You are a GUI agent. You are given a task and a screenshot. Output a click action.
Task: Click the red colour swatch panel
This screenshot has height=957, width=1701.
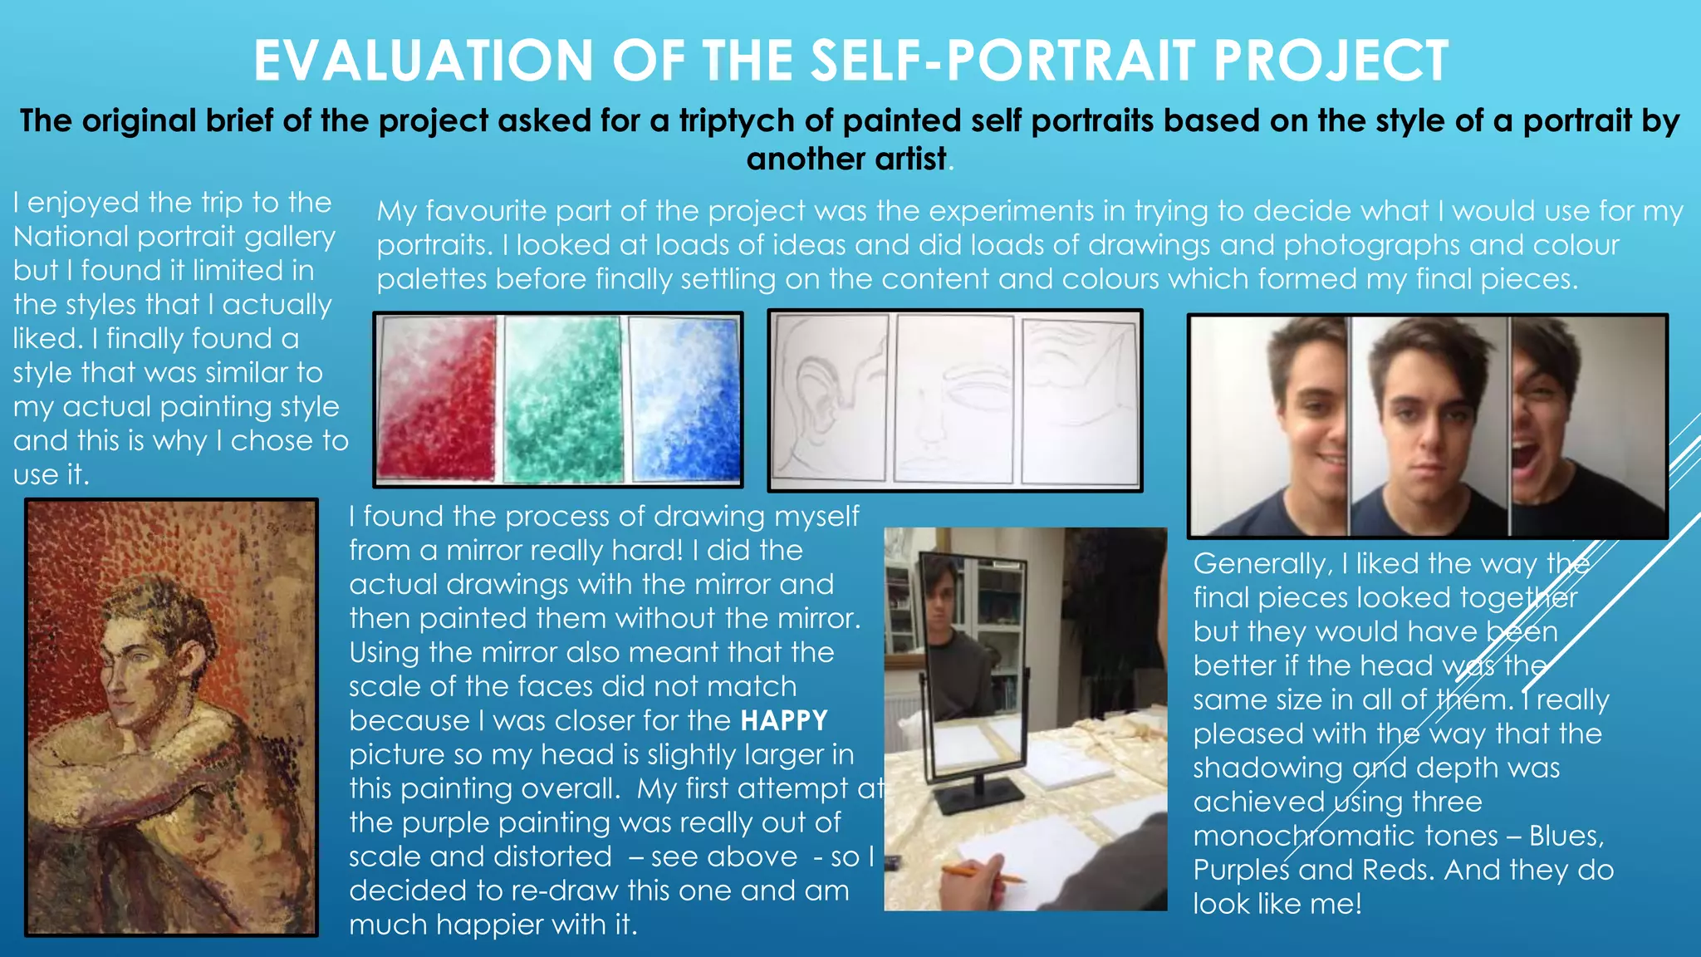(x=438, y=399)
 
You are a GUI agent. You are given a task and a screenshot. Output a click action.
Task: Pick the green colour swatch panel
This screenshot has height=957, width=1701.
(x=564, y=399)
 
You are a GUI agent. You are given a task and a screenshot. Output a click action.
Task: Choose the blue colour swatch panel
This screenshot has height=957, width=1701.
(x=685, y=399)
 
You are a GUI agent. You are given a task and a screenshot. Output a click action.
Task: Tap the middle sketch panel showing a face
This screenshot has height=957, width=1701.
(x=953, y=399)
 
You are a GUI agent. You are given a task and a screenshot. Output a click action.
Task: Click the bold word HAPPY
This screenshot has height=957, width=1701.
(x=784, y=720)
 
